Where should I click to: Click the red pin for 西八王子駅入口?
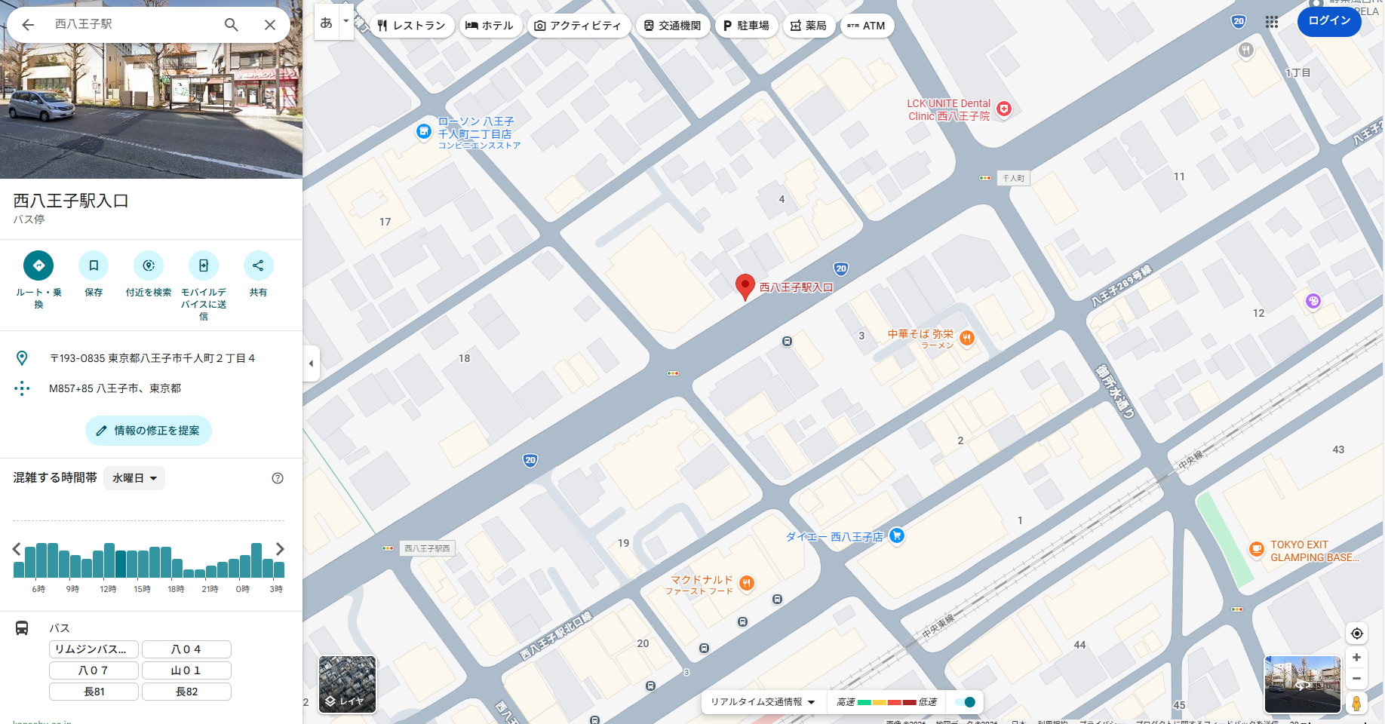pyautogui.click(x=745, y=286)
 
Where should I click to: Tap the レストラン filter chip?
pyautogui.click(x=412, y=26)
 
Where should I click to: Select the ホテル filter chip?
pyautogui.click(x=490, y=26)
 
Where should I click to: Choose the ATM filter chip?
pyautogui.click(x=867, y=26)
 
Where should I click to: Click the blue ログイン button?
pyautogui.click(x=1329, y=20)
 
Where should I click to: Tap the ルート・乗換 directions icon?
pyautogui.click(x=38, y=265)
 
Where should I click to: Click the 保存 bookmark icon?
pyautogui.click(x=94, y=265)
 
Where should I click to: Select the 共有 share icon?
pyautogui.click(x=258, y=265)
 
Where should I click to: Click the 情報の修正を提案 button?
pyautogui.click(x=149, y=431)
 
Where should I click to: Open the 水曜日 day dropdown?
pyautogui.click(x=134, y=478)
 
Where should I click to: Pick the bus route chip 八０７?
pyautogui.click(x=94, y=670)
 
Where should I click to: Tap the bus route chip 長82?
pyautogui.click(x=186, y=692)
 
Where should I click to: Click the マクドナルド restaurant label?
pyautogui.click(x=702, y=580)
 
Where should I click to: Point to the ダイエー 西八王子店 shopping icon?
pyautogui.click(x=896, y=535)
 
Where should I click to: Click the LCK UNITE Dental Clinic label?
pyautogui.click(x=949, y=110)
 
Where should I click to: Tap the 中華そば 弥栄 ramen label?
pyautogui.click(x=920, y=334)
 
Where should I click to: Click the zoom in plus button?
pyautogui.click(x=1356, y=658)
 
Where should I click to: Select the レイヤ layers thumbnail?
pyautogui.click(x=347, y=684)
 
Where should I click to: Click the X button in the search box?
pyautogui.click(x=270, y=25)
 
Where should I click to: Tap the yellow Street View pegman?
pyautogui.click(x=1356, y=703)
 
